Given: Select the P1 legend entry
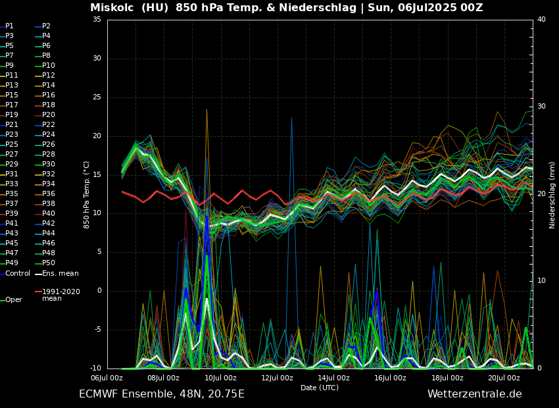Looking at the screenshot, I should coord(9,26).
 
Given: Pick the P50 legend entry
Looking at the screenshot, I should coord(49,263).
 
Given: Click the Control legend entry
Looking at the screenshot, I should coord(17,273).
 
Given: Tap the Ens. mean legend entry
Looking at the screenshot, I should coord(60,273).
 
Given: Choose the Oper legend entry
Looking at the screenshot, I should coord(13,299).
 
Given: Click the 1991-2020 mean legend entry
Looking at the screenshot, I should coord(61,294).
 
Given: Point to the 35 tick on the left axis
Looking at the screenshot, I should coord(97,20).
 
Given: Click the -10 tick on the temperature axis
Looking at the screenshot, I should coord(95,369).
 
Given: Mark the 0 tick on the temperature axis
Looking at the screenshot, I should coord(99,291).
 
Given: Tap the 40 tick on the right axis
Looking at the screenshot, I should coord(541,20).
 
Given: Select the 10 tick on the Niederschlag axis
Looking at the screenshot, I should coord(541,281).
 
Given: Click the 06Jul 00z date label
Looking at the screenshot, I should coord(107,378).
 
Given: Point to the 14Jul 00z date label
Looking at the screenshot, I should coord(334,378).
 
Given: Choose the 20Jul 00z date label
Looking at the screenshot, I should coord(504,378).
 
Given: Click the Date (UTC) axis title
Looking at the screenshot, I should coord(320,388).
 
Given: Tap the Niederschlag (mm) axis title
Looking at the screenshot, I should coord(552,195).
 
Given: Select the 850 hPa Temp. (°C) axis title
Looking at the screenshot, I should coord(87,195).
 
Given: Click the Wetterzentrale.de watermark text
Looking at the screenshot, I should coord(474,394).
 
